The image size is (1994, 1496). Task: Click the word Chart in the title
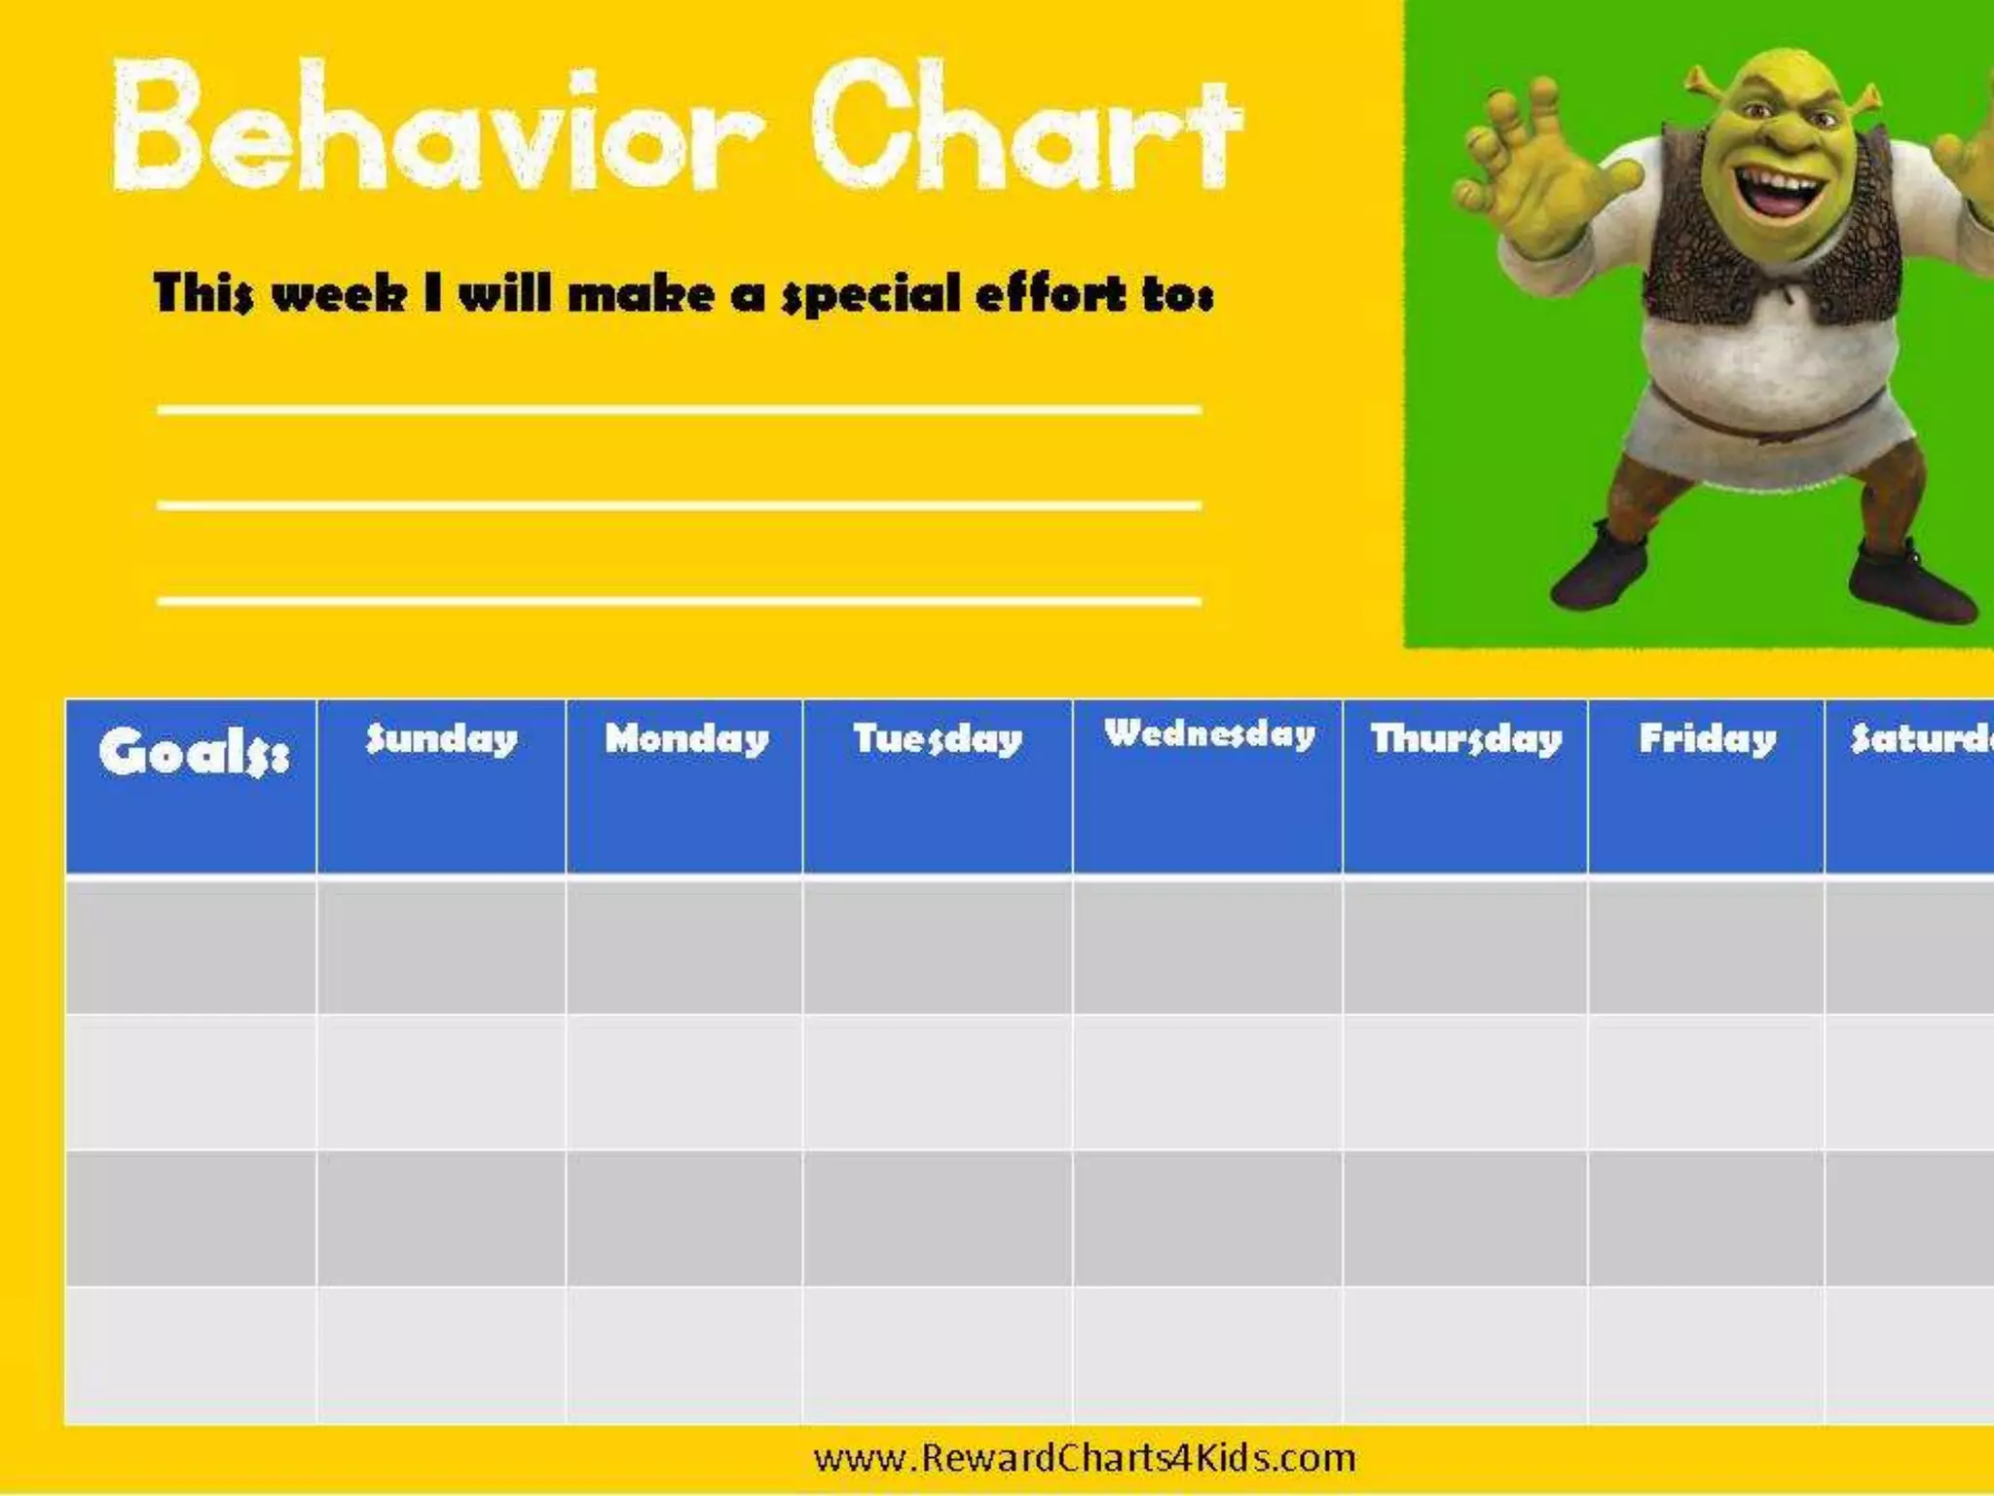coord(1027,127)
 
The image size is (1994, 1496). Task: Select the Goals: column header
coord(192,752)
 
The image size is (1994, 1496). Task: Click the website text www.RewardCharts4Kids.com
coord(1085,1458)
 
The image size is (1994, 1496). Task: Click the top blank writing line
coord(679,410)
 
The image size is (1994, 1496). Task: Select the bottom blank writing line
coord(679,601)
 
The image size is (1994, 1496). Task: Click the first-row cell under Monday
coord(684,945)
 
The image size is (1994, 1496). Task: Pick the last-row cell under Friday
coord(1706,1356)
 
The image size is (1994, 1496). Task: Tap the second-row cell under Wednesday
coord(1207,1082)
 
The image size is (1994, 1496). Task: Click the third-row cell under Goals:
coord(191,1218)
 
